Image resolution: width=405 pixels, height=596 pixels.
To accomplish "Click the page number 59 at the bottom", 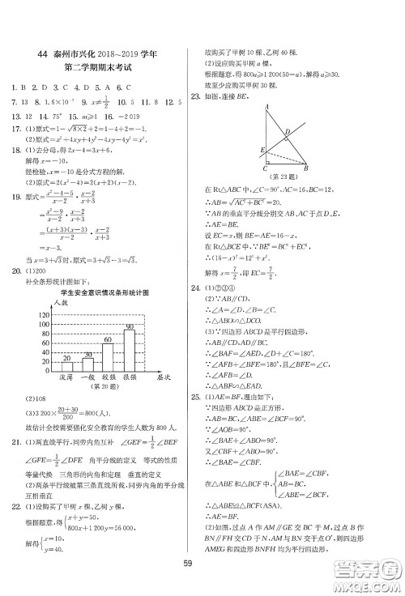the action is pos(202,564).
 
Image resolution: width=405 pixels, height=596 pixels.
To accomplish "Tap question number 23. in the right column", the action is pos(195,96).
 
